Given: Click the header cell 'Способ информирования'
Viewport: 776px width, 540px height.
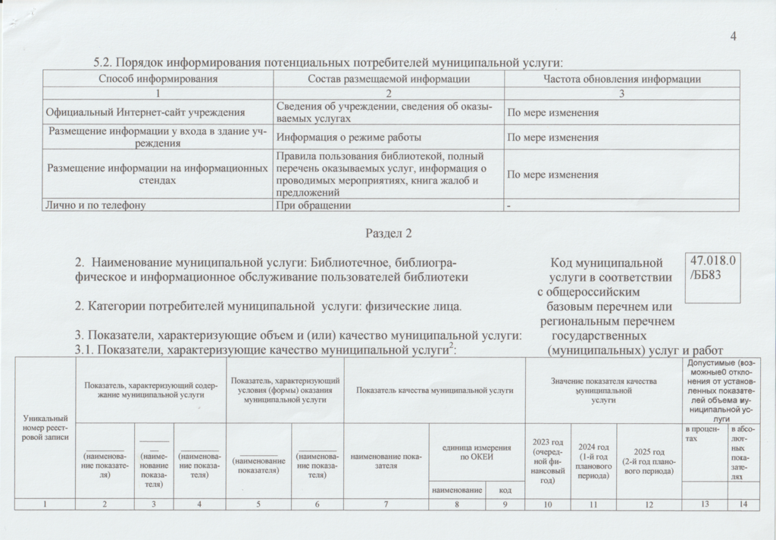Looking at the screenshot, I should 158,79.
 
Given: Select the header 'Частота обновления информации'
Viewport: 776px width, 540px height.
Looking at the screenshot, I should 621,79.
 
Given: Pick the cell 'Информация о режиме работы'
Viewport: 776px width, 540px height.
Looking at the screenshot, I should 347,138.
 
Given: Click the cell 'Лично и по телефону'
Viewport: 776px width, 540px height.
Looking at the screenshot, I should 95,205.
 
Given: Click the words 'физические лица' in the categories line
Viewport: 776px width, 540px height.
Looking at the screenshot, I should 415,306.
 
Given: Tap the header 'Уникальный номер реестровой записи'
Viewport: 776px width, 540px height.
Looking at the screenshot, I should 45,427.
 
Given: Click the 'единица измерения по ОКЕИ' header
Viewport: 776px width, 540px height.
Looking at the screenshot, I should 477,453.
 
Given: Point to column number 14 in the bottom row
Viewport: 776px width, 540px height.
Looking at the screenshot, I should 743,505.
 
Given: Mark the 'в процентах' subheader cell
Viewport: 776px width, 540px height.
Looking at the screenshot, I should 704,435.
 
